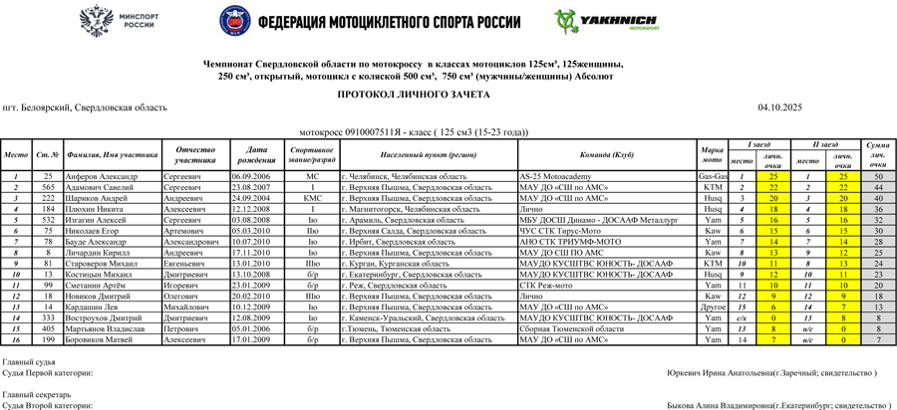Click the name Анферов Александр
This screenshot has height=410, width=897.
pyautogui.click(x=100, y=176)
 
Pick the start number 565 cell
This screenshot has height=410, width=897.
pyautogui.click(x=47, y=186)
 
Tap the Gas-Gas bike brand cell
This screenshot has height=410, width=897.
pyautogui.click(x=713, y=176)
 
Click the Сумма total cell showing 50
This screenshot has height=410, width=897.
pyautogui.click(x=877, y=176)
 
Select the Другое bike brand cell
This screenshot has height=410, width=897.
pyautogui.click(x=713, y=307)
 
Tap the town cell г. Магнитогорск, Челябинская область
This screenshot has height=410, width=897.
pyautogui.click(x=404, y=209)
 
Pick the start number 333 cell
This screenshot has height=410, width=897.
pyautogui.click(x=47, y=318)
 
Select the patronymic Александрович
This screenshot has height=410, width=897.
pyautogui.click(x=202, y=242)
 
